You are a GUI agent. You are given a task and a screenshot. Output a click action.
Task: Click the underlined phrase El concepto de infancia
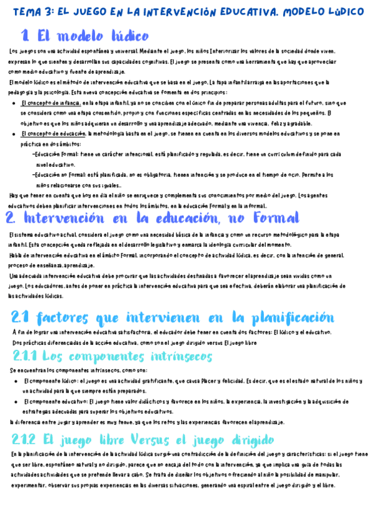(x=50, y=102)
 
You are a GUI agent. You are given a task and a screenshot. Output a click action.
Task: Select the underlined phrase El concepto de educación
(x=53, y=133)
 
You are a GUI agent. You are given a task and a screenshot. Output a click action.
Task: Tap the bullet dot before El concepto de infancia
(x=14, y=103)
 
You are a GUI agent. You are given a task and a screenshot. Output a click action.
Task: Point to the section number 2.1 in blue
(x=20, y=318)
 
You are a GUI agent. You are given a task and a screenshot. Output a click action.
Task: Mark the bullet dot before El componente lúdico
(x=16, y=381)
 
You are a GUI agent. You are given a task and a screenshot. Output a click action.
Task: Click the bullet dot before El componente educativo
(x=16, y=401)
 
